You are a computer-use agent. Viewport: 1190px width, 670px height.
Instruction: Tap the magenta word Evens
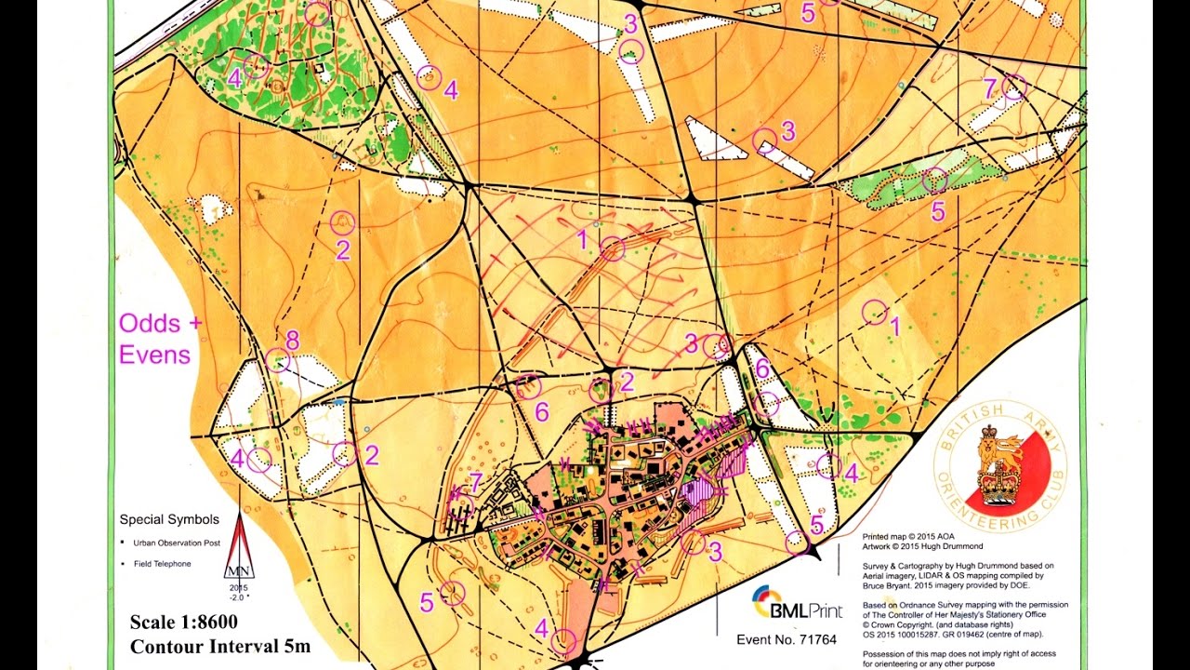click(154, 355)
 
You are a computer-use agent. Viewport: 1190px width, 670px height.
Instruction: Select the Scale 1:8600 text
click(183, 623)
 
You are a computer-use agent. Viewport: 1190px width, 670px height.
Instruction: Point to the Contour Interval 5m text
click(220, 646)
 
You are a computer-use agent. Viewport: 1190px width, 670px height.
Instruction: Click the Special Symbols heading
click(169, 519)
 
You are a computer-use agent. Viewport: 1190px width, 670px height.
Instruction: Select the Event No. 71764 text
click(787, 639)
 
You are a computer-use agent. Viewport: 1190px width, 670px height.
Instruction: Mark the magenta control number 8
click(292, 340)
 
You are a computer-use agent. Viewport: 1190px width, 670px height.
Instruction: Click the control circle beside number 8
click(277, 360)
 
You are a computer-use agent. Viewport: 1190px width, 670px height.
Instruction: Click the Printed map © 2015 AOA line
click(908, 537)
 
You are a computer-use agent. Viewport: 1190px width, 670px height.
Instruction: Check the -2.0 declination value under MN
click(239, 596)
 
